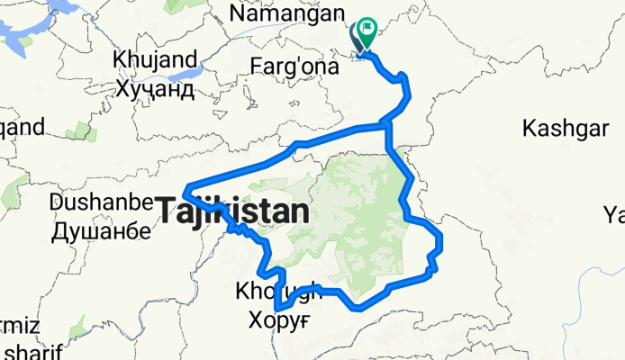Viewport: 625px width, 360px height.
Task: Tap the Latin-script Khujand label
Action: coord(154,61)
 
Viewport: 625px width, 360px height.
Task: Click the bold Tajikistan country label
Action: coord(233,212)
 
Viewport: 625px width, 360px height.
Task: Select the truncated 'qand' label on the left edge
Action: coord(22,127)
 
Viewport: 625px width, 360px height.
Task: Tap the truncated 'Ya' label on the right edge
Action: coord(614,214)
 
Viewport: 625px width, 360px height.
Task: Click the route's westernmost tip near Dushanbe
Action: coord(186,190)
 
